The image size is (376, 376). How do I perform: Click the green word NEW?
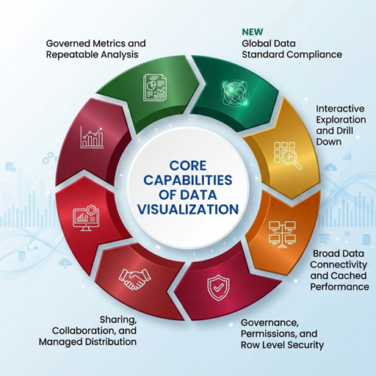pos(253,32)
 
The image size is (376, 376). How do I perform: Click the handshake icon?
pos(134,279)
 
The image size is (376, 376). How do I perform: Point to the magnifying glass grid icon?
pos(287,156)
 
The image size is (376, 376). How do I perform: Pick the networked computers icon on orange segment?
pos(282,234)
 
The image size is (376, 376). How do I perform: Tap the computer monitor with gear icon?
pos(86,218)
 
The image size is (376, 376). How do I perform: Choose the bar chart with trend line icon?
pos(93,137)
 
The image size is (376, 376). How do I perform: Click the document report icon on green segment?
pos(154,87)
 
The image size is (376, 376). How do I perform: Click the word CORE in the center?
pos(188,166)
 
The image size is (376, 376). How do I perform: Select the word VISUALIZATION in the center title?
pos(188,209)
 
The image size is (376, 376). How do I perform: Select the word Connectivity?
pos(339,264)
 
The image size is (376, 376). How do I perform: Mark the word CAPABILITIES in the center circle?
pos(188,181)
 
